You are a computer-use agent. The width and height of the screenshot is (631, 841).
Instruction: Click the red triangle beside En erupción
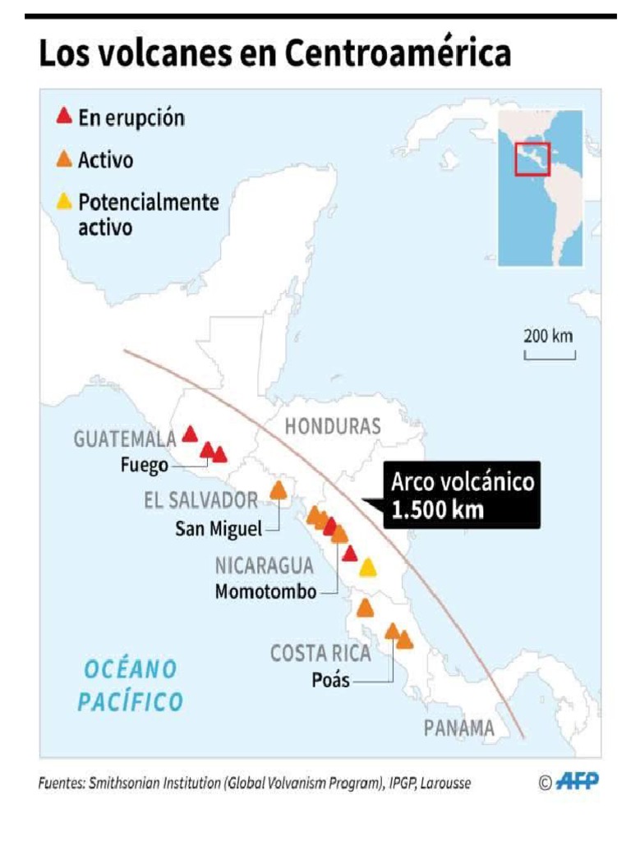[x=63, y=117]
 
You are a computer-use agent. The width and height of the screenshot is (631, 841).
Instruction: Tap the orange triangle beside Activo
[x=63, y=159]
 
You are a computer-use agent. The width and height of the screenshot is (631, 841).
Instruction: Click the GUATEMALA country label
[x=125, y=439]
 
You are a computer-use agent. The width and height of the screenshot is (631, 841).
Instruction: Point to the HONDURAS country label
[x=333, y=426]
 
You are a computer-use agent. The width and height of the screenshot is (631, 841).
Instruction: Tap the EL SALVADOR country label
[x=201, y=500]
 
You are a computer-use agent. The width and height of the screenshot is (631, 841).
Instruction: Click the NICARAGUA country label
[x=264, y=566]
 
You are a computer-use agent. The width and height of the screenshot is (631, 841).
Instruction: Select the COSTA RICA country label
[x=320, y=654]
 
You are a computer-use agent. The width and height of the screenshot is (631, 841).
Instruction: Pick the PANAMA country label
[x=459, y=728]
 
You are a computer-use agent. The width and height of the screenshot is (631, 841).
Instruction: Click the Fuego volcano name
[x=145, y=465]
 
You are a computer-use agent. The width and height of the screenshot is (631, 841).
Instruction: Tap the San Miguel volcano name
[x=218, y=529]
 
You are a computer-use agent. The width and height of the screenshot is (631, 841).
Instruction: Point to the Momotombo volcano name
[x=265, y=591]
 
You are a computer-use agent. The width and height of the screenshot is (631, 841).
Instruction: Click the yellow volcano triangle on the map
[x=367, y=568]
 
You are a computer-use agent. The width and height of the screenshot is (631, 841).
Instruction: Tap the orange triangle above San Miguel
[x=279, y=490]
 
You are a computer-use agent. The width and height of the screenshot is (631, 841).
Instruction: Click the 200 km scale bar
[x=550, y=355]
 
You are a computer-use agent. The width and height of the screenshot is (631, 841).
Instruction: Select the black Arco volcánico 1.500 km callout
[x=462, y=494]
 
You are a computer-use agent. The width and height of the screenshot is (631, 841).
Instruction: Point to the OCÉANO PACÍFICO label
[x=130, y=686]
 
